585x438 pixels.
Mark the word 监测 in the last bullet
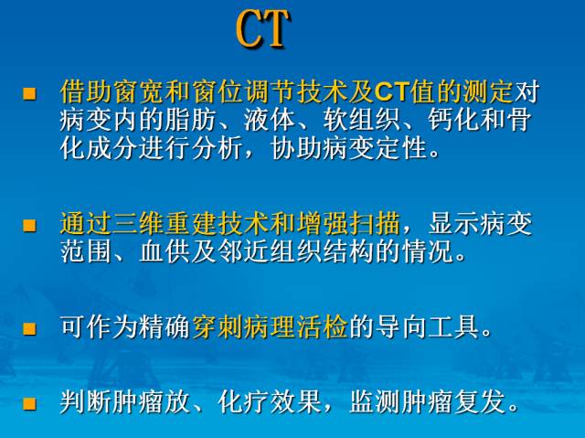[x=376, y=401]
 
